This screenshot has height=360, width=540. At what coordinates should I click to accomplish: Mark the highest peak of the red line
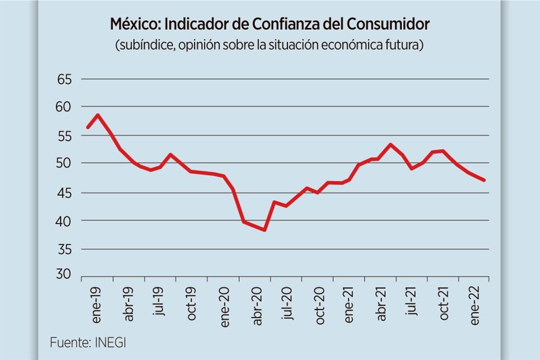98,115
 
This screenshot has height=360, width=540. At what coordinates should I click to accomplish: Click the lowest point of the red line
264,230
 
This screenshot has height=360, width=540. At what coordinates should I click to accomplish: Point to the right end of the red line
484,180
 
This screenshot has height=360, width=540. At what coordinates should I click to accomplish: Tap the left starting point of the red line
87,128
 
